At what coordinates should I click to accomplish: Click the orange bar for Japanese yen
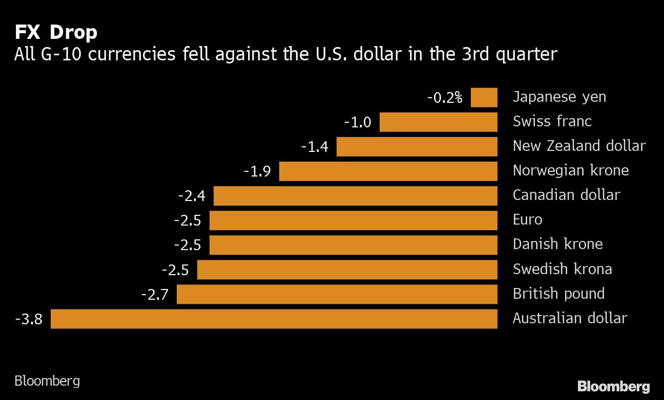click(x=484, y=97)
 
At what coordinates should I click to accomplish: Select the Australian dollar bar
click(x=274, y=319)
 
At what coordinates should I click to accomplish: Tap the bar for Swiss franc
click(x=438, y=122)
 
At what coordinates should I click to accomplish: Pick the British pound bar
click(x=337, y=294)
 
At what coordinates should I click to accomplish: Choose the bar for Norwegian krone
click(x=388, y=171)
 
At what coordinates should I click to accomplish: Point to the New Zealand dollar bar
click(x=417, y=147)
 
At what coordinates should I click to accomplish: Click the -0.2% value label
click(x=444, y=97)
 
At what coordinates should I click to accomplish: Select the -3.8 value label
click(x=29, y=320)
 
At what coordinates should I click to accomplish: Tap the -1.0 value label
click(x=357, y=122)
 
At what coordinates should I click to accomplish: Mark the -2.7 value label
click(x=155, y=295)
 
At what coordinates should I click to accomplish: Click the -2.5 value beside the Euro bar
click(x=188, y=221)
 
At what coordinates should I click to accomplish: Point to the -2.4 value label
click(x=192, y=196)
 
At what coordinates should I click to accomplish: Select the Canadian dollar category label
click(x=566, y=195)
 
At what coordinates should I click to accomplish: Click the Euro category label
click(x=527, y=219)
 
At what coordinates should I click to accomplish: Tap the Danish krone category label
click(x=557, y=244)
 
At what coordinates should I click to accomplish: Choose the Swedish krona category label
click(x=562, y=269)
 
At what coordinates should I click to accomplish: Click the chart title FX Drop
click(x=56, y=33)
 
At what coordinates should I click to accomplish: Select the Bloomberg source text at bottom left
click(x=47, y=381)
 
